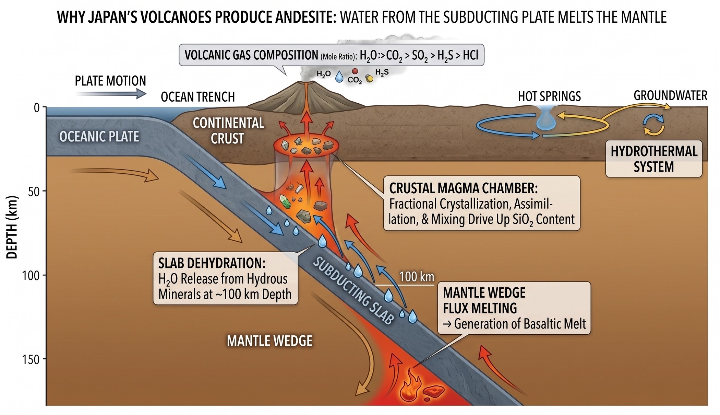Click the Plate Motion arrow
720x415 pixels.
(x=111, y=93)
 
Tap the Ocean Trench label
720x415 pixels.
(x=198, y=97)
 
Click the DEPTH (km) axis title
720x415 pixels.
(x=12, y=227)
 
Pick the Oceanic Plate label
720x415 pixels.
(x=99, y=137)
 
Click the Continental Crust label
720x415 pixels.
(x=228, y=131)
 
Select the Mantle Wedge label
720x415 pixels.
(x=269, y=341)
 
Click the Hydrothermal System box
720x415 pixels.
(x=654, y=159)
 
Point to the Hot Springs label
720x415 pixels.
(x=549, y=96)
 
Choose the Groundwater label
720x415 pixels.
(x=670, y=95)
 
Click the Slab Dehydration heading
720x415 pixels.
(x=212, y=263)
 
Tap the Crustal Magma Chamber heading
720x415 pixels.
(x=463, y=188)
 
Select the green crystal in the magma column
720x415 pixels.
(x=285, y=201)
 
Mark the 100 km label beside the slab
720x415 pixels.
(x=417, y=277)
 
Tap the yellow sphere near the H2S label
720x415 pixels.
(x=370, y=79)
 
